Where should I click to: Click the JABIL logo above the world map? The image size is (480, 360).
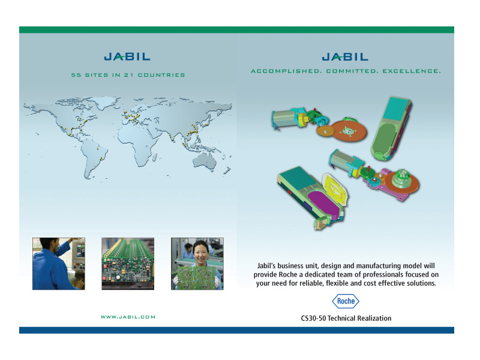(127, 56)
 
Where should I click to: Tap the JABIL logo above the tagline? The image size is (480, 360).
(345, 57)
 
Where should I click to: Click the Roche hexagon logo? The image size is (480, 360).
(346, 301)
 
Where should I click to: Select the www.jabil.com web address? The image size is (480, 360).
(128, 317)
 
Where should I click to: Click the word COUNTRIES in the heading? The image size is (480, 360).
(161, 75)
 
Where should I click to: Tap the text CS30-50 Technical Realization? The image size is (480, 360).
(346, 319)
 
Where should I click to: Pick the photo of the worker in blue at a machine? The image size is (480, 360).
(59, 263)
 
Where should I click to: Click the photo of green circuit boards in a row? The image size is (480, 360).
(128, 263)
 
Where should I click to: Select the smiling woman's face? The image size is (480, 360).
(200, 252)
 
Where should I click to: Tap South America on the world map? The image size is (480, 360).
(94, 158)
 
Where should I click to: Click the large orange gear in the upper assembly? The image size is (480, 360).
(349, 131)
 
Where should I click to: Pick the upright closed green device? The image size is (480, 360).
(391, 128)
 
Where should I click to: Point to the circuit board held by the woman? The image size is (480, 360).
(197, 277)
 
